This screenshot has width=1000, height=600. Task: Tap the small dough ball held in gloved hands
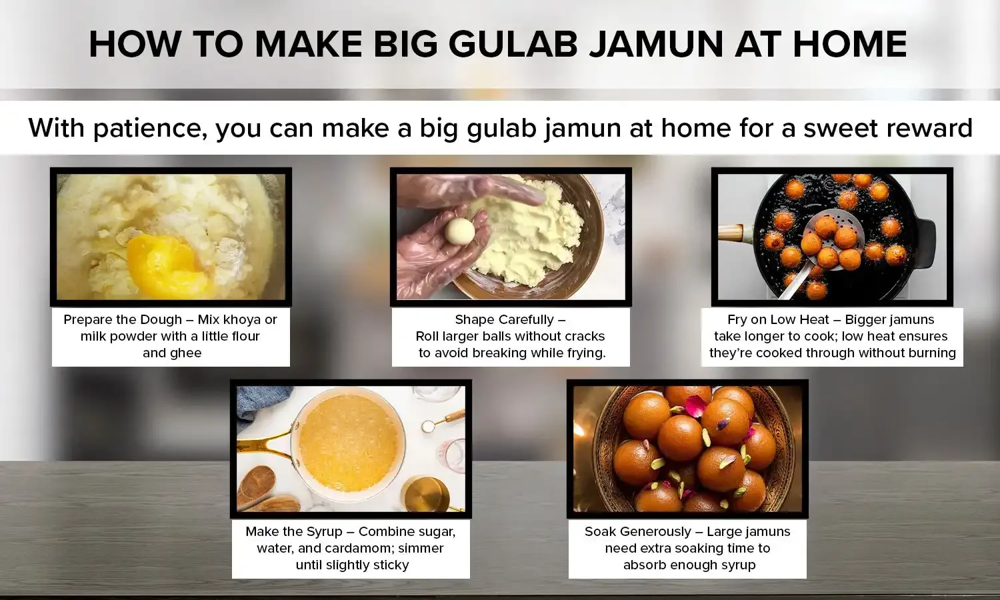coord(460,231)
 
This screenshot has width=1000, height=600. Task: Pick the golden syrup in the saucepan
coord(348,443)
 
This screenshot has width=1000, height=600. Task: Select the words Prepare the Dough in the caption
coord(123,320)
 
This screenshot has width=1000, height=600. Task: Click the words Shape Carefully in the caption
coord(505,320)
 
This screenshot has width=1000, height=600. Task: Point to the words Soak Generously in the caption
coord(638,532)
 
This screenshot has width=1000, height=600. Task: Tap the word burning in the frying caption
coord(929,353)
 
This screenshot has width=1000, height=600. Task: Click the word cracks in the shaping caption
coord(584,337)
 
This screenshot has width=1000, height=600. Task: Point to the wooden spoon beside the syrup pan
coord(257,483)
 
